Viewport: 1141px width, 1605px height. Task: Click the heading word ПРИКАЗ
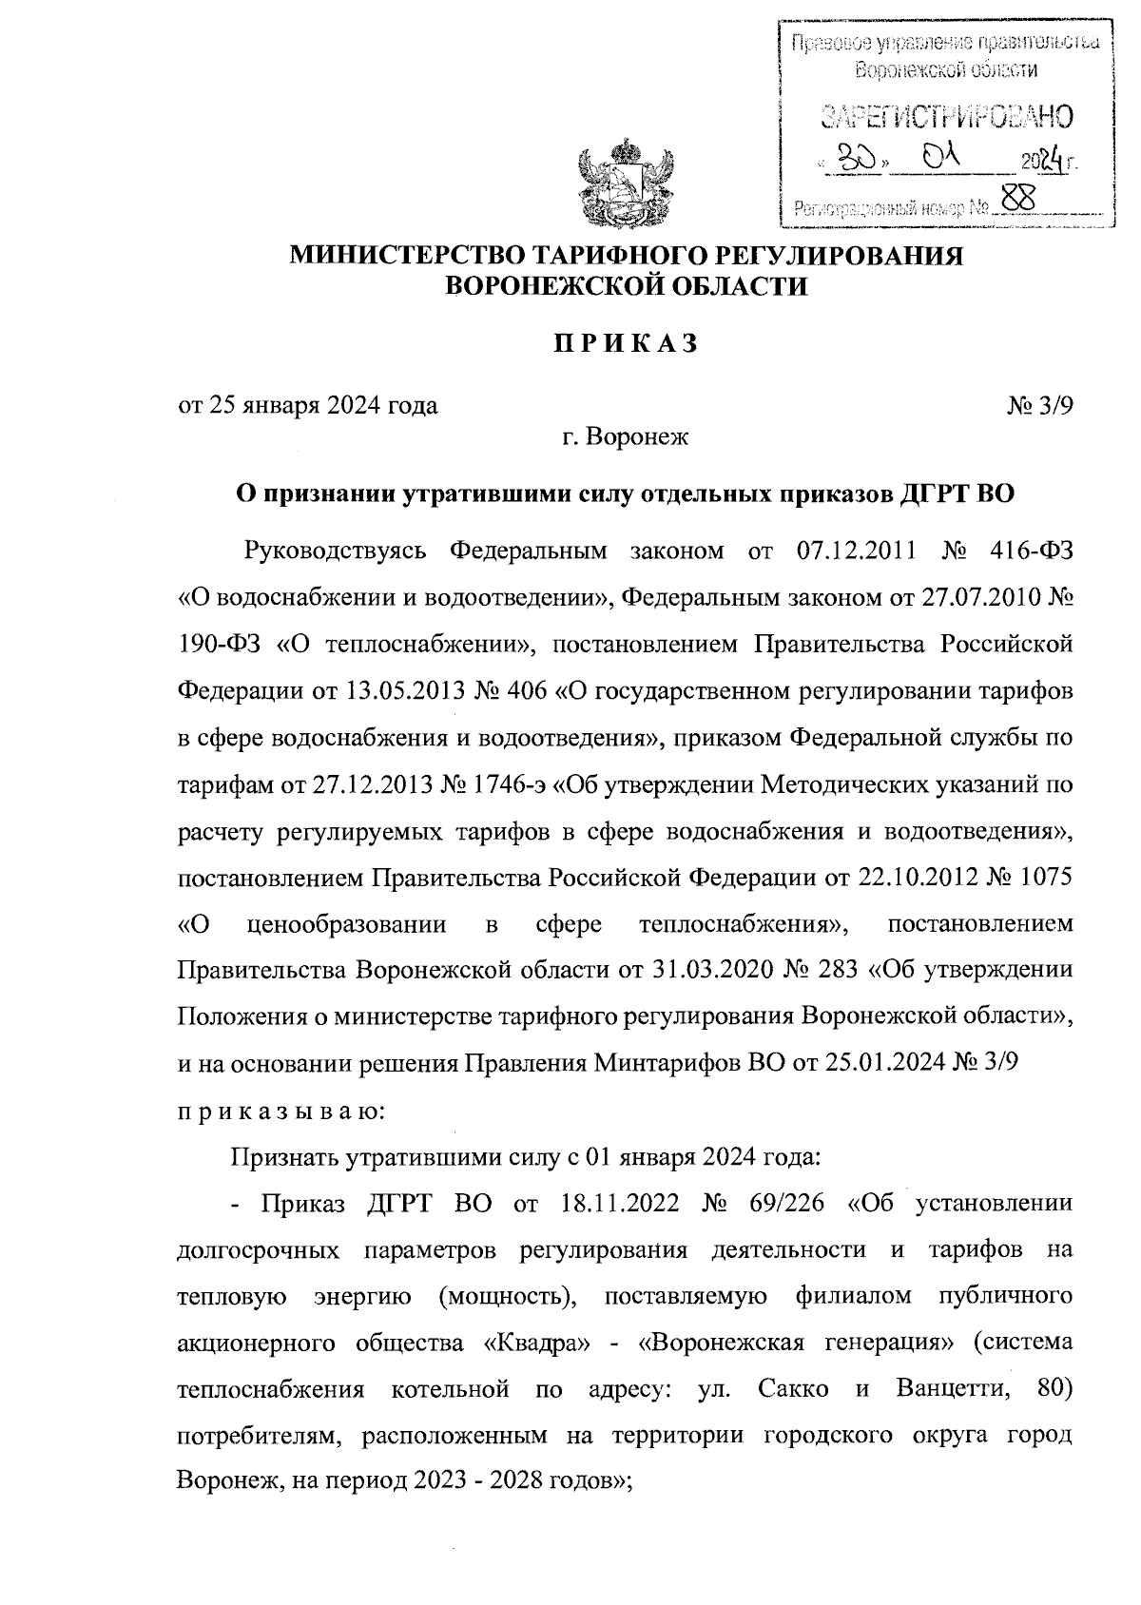coord(627,343)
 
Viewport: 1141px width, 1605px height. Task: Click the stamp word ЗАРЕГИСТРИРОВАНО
coord(946,116)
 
